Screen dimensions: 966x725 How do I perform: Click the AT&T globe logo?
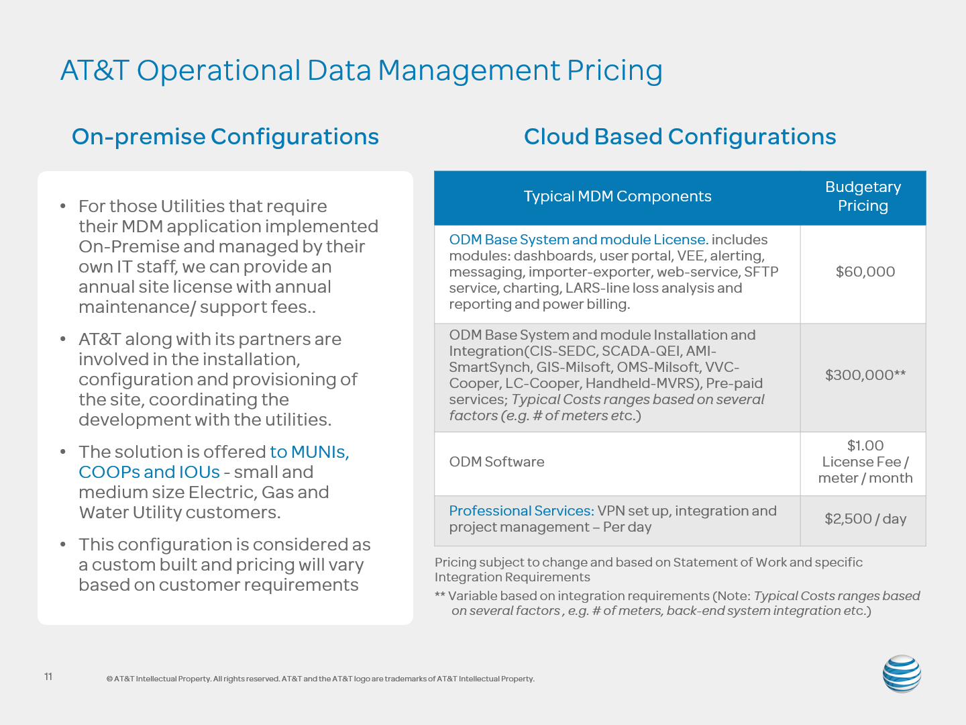click(902, 673)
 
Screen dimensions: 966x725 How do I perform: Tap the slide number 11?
click(48, 677)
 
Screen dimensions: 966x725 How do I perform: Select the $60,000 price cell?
click(865, 272)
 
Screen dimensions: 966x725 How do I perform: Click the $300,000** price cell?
click(865, 375)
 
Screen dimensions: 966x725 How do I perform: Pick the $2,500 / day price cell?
click(865, 519)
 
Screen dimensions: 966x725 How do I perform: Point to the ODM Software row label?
click(496, 462)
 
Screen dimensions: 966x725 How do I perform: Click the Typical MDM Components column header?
click(617, 196)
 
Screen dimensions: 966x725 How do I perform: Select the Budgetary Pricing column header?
click(863, 196)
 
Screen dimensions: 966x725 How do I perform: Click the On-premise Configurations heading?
click(225, 136)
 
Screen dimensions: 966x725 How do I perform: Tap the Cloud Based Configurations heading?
click(680, 136)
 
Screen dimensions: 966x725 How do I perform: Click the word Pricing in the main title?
click(614, 71)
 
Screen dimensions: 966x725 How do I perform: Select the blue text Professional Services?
click(521, 511)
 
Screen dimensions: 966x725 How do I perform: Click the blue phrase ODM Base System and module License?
click(579, 240)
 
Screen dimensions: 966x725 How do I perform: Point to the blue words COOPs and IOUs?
click(149, 472)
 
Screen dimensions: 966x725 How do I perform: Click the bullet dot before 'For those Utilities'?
click(63, 206)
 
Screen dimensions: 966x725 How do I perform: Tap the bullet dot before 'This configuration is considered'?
click(63, 544)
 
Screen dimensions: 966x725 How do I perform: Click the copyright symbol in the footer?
click(109, 679)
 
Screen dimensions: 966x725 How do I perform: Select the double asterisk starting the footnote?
click(439, 595)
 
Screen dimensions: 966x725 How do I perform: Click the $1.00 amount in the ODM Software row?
click(865, 446)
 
